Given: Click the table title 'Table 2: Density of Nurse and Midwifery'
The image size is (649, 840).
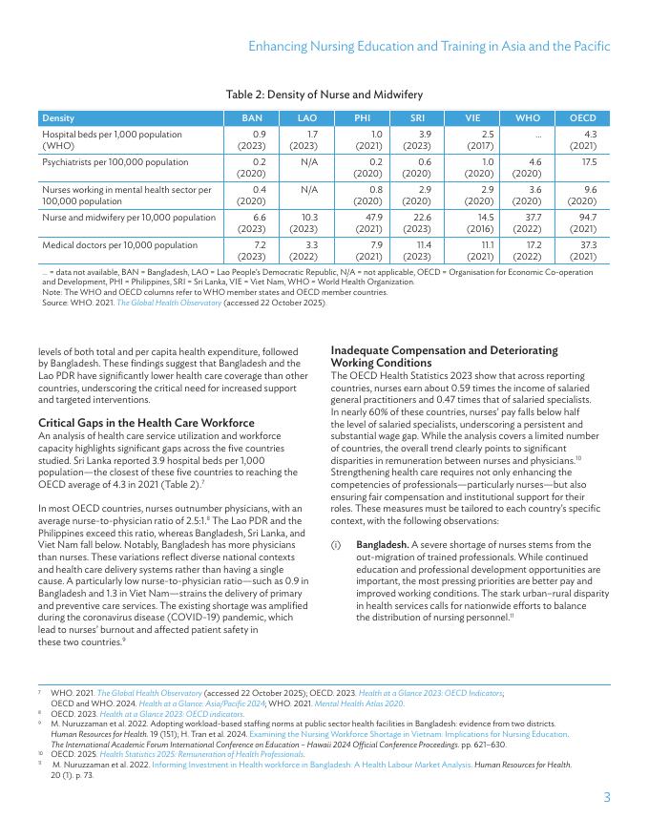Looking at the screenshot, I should (x=324, y=94).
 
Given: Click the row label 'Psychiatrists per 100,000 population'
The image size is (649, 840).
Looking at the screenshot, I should (x=115, y=162).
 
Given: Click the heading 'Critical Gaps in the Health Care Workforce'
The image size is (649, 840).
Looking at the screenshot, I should (x=146, y=423).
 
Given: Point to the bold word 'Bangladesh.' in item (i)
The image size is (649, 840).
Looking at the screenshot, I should (x=383, y=544).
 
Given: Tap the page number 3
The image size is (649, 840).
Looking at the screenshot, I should (x=606, y=797).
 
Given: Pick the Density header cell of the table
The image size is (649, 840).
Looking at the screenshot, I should (x=58, y=117).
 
